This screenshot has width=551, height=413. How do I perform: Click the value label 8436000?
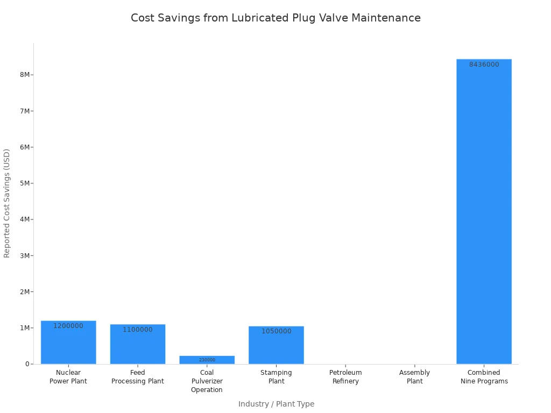[484, 65]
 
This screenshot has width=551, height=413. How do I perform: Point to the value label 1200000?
[68, 326]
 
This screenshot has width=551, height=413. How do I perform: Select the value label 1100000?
[138, 330]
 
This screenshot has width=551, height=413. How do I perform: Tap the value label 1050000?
[276, 331]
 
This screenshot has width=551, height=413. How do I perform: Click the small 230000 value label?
[207, 360]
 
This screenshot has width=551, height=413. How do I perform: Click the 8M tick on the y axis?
[25, 75]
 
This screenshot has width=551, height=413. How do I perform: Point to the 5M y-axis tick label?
[25, 183]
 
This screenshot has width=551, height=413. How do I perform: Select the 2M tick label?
[25, 292]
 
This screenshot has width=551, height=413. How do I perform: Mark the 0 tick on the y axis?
[26, 364]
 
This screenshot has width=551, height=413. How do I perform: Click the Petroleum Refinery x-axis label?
[345, 377]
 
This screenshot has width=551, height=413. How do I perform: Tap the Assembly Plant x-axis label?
[414, 377]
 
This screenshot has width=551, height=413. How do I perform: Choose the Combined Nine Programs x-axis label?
[484, 377]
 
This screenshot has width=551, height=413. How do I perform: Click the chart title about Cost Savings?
[275, 18]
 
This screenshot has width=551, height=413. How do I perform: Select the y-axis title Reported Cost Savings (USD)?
[7, 203]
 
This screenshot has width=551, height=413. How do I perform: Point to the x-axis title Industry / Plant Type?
[276, 404]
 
